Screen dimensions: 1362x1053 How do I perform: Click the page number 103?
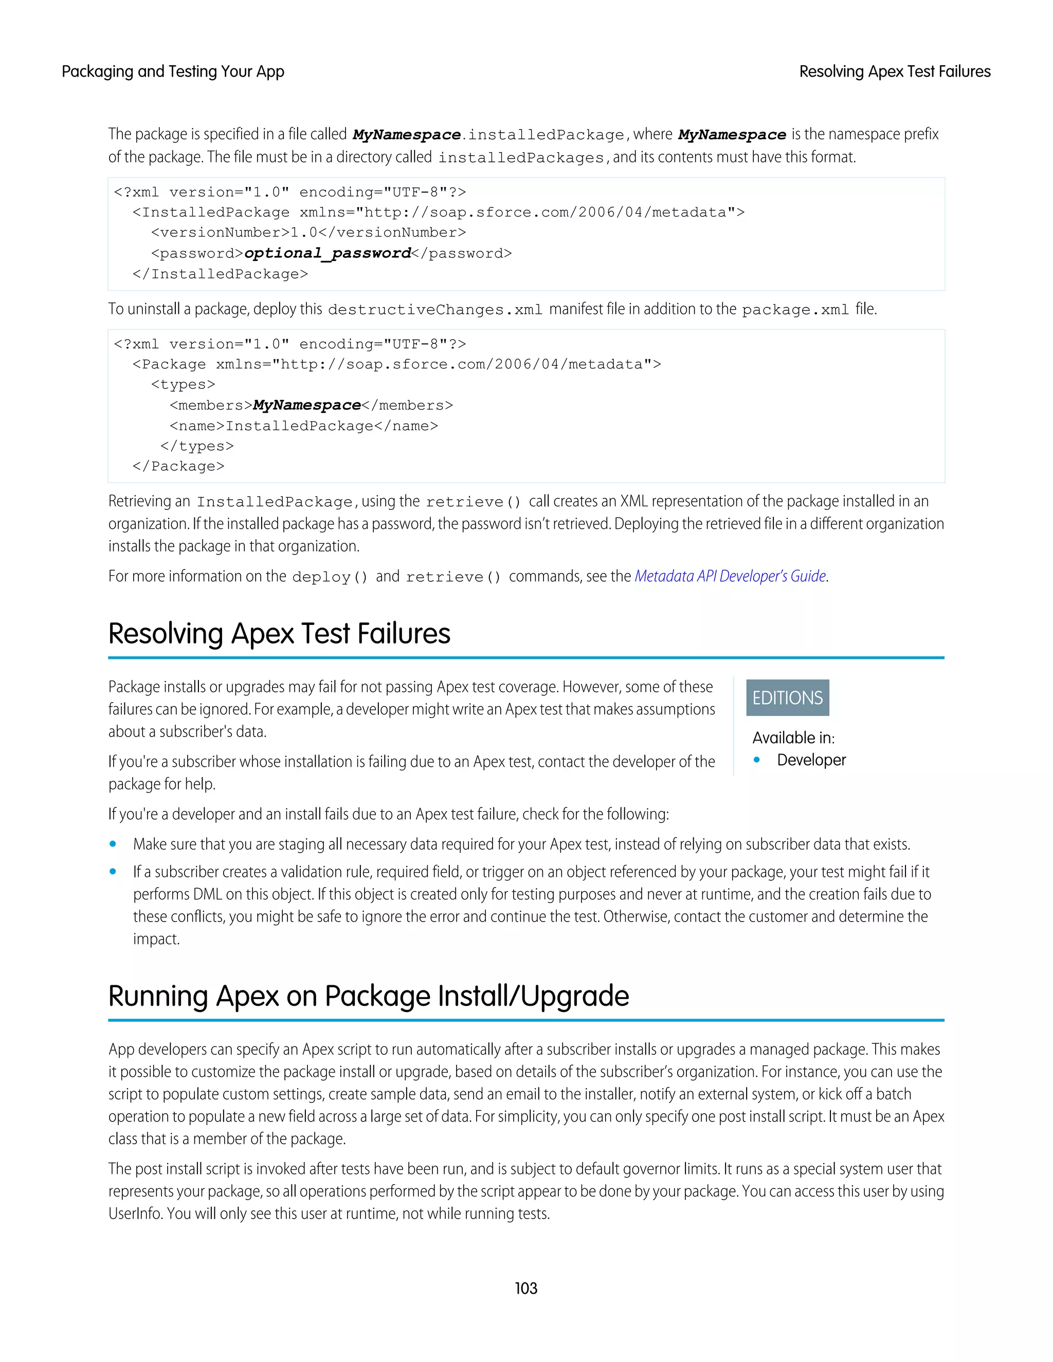(526, 1288)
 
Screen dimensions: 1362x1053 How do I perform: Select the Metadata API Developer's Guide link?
(730, 576)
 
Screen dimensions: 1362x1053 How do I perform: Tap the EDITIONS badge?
(787, 698)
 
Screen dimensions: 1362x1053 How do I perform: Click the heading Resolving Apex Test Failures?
(279, 634)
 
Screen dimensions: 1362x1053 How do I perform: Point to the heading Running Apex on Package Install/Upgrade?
(368, 996)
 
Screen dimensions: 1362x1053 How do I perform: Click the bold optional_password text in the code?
(328, 253)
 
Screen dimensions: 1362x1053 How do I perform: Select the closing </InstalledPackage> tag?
(220, 274)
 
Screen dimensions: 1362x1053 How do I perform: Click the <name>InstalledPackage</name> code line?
(304, 426)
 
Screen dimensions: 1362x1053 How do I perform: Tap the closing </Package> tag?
(178, 467)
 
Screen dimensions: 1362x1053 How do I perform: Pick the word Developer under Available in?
(811, 760)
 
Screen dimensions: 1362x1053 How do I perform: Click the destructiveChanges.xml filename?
(435, 310)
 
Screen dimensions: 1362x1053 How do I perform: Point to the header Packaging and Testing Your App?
(173, 72)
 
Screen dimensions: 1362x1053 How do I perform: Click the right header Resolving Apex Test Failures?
(895, 72)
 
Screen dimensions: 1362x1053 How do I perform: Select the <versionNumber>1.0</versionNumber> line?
(308, 233)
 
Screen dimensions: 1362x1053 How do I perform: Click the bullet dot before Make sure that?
(113, 844)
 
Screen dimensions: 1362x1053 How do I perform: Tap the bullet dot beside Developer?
(757, 760)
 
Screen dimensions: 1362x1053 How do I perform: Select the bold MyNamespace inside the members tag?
(307, 406)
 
